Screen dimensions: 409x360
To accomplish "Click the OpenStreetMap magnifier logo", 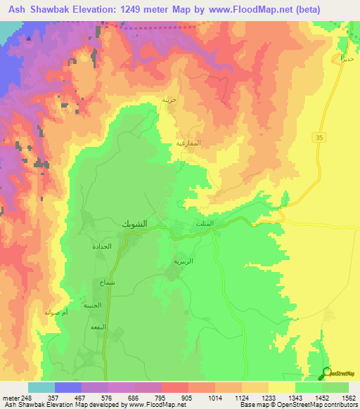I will click(326, 373).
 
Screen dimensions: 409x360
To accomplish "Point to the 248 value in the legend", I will click(27, 398).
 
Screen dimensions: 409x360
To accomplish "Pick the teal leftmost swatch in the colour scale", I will click(41, 387).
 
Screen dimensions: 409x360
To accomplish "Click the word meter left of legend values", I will click(10, 398).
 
